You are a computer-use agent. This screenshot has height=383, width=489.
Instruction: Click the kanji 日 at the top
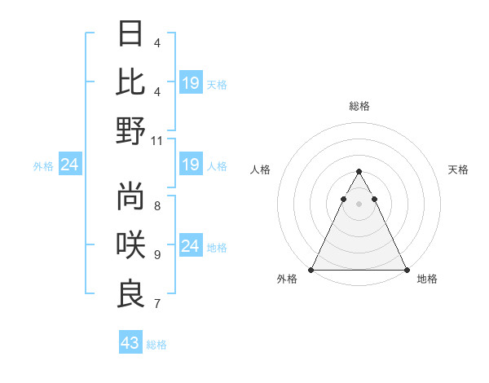131,34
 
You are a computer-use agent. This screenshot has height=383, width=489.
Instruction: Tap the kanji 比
131,82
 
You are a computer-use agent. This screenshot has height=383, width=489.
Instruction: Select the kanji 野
131,131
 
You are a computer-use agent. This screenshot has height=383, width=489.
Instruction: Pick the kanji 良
131,293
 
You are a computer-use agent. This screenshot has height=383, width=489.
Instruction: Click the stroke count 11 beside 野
157,140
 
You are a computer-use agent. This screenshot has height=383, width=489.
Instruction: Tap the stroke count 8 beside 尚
157,205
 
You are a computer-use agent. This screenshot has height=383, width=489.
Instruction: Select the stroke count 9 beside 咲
157,254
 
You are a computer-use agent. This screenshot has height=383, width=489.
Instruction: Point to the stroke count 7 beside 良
157,304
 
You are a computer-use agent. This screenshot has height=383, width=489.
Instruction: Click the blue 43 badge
130,343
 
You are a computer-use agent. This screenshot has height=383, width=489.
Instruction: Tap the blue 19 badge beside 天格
191,83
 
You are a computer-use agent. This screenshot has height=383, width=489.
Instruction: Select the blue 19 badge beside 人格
191,165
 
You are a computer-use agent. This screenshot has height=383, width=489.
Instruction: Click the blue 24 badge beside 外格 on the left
69,165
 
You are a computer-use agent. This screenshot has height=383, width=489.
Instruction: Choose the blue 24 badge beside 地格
191,246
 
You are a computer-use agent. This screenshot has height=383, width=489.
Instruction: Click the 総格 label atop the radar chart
359,106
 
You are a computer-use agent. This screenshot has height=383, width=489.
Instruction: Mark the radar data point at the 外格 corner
311,269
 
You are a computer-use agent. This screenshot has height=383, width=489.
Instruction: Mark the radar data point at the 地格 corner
406,269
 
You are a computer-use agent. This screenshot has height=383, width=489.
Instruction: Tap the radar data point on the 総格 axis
359,172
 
